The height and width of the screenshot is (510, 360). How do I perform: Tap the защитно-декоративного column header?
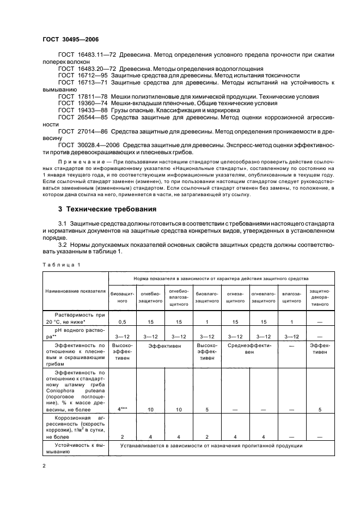(320, 297)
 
